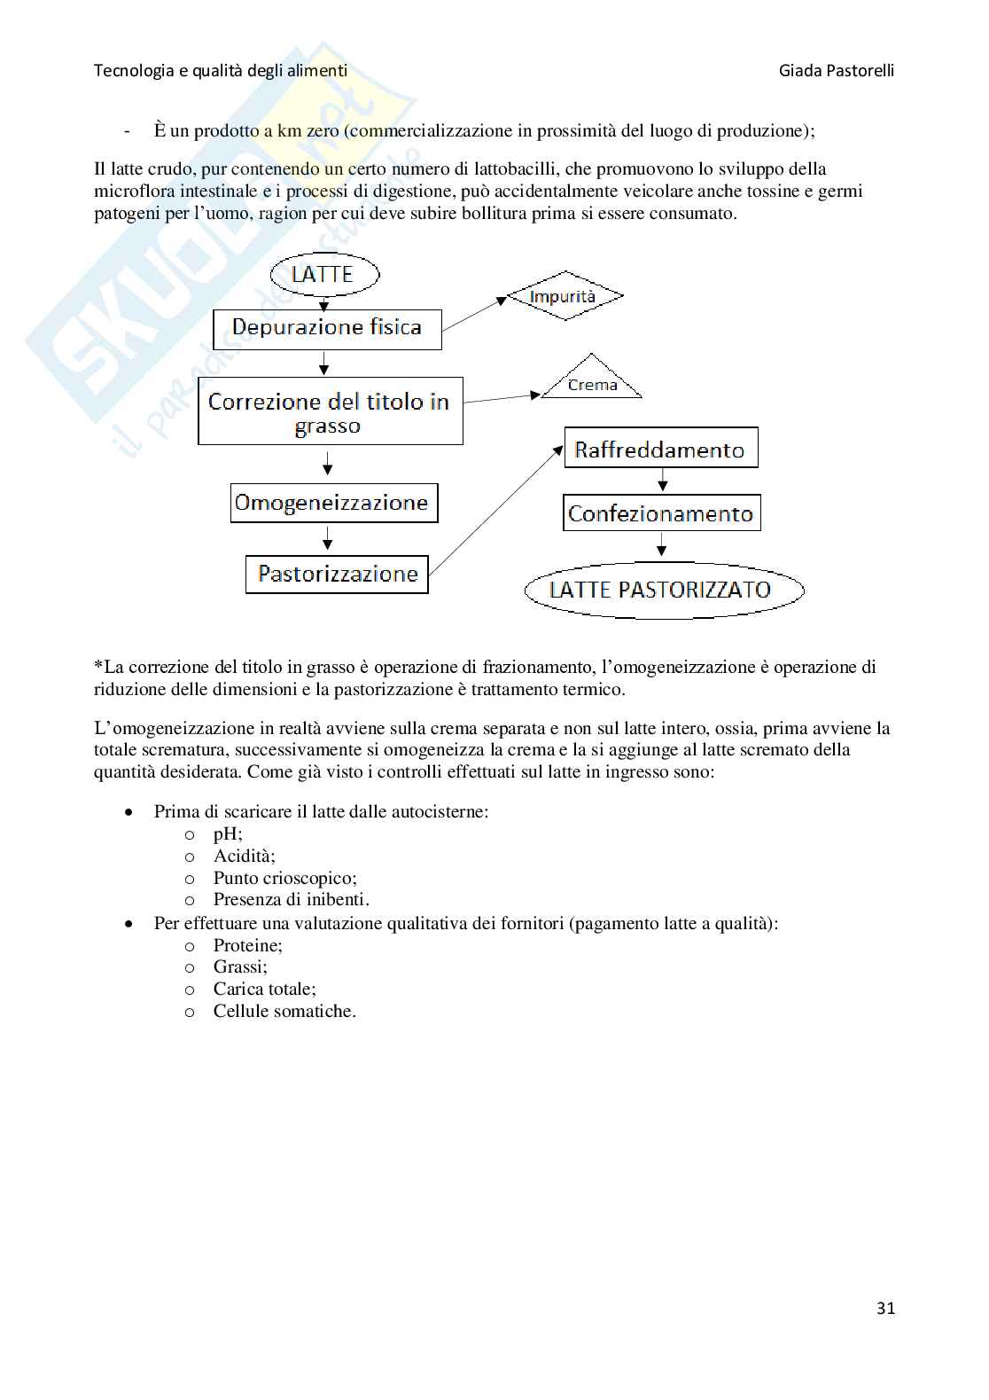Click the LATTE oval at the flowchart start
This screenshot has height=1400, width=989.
[323, 274]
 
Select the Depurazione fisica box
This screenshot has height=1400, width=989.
[327, 328]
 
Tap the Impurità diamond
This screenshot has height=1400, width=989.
[563, 296]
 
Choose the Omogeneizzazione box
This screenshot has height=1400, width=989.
[332, 503]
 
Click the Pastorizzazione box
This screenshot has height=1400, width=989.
[337, 574]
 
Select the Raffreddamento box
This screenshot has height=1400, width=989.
[660, 450]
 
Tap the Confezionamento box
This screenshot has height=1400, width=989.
[661, 513]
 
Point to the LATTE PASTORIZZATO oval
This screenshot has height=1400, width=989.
[663, 590]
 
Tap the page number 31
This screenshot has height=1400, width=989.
[885, 1308]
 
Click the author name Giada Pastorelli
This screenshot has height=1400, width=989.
[837, 70]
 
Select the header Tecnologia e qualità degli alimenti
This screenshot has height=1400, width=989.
[221, 70]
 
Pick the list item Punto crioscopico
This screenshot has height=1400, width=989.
[284, 878]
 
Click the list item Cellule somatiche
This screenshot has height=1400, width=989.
[284, 1011]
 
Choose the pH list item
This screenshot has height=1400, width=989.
[228, 833]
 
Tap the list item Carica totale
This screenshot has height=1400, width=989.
[264, 989]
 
